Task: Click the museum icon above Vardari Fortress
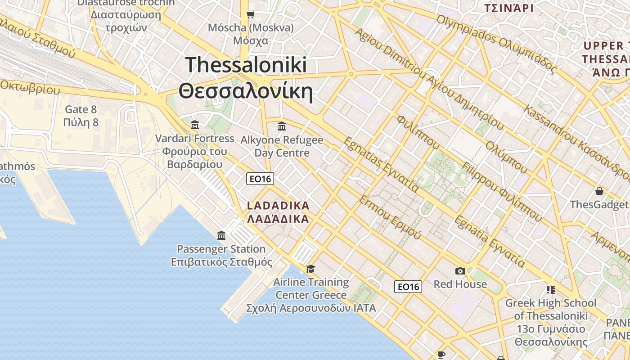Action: tap(195, 125)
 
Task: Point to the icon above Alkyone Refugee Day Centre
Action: tap(282, 126)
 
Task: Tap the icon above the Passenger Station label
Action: tap(221, 235)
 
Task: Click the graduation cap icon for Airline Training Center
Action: tap(310, 269)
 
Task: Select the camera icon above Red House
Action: tap(460, 271)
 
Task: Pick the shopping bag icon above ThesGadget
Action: tap(599, 191)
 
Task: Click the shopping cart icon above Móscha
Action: tap(251, 14)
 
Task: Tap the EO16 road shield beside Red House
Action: tap(408, 286)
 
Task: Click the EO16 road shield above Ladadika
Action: tap(261, 179)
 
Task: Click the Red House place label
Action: tap(460, 284)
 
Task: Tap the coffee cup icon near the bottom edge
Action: tap(441, 355)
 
